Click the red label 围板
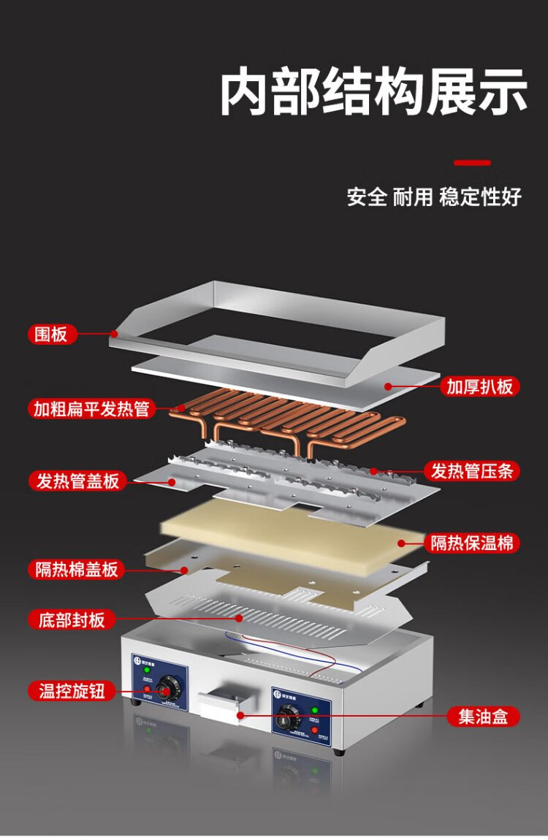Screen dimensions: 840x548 [52, 335]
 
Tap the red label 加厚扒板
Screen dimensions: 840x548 [480, 386]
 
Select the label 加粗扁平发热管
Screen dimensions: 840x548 [91, 408]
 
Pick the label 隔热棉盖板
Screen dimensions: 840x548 [77, 570]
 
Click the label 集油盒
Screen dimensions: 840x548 [483, 717]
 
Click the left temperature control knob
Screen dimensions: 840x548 [169, 689]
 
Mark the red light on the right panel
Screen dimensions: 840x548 [314, 725]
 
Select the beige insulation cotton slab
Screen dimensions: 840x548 [292, 537]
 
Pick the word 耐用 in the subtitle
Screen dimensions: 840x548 [413, 196]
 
